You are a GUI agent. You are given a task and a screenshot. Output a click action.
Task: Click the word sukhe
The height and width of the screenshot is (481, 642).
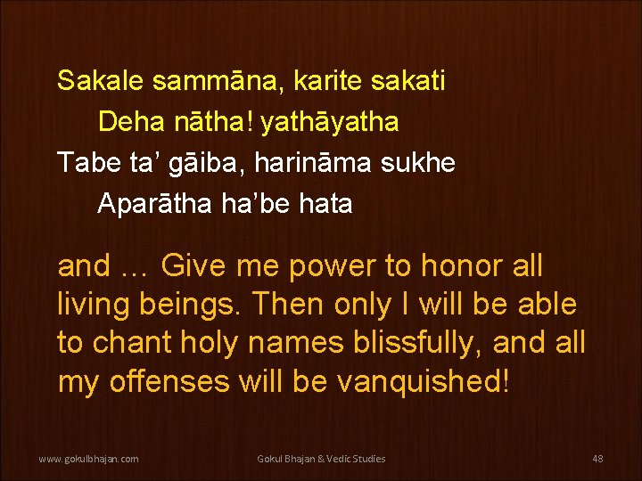[424, 162]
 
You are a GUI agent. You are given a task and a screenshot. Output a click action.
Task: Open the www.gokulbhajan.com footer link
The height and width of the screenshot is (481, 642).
[87, 459]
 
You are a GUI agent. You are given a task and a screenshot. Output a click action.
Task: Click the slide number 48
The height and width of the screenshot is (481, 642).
[597, 459]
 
